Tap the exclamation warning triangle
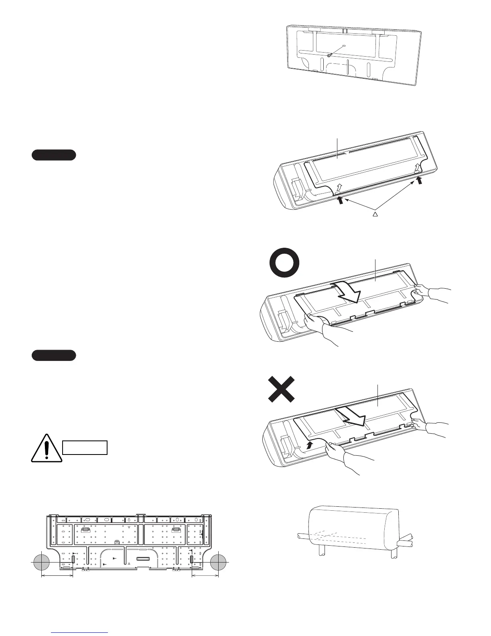click(47, 448)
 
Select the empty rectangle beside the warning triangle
click(85, 447)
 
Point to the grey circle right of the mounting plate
click(219, 563)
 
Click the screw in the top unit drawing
click(329, 55)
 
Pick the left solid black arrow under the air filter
click(341, 200)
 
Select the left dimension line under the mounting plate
click(57, 576)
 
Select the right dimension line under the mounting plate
click(205, 576)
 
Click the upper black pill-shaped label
click(54, 155)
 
